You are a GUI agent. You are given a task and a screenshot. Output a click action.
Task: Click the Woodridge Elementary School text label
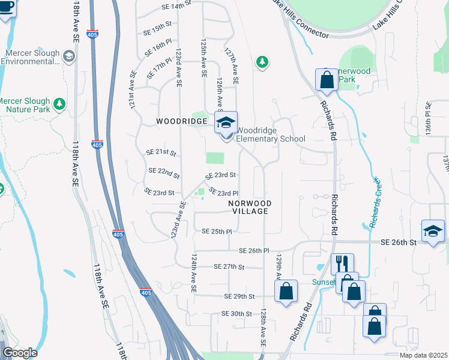pos(270,134)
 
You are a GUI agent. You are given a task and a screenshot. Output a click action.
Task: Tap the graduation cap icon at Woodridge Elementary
pos(226,123)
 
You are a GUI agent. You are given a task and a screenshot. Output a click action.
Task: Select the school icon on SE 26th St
pos(433,232)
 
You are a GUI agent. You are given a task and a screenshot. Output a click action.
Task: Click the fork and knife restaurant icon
pos(342,263)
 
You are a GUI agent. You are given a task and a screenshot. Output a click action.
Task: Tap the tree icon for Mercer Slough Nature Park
pos(59,104)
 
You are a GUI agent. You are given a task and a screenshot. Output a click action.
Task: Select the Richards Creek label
pos(374,203)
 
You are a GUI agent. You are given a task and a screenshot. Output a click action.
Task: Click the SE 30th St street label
pos(237,314)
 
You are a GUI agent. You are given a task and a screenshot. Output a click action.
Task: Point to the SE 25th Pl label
pos(217,232)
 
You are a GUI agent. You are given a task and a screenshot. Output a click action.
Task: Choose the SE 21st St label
pos(161,152)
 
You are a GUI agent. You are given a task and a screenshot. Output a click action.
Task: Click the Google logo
pos(20,353)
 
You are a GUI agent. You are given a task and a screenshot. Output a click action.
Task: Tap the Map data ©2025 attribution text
pos(422,355)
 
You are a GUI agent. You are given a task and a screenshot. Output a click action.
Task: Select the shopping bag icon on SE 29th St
pos(286,291)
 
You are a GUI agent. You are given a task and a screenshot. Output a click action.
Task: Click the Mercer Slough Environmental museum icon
pos(68,56)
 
